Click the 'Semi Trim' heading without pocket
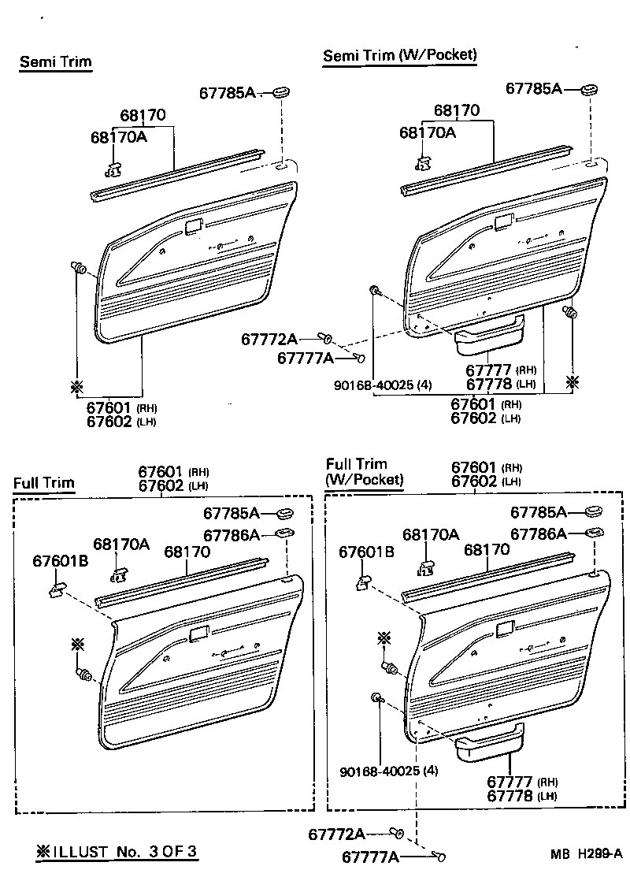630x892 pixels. (55, 61)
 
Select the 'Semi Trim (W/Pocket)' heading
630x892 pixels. (400, 54)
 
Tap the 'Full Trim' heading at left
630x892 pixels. (43, 483)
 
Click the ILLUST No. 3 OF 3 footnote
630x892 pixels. (117, 852)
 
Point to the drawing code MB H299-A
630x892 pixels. (587, 853)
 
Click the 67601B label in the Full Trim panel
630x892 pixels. (60, 560)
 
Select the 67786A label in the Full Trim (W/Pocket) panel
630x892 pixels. (538, 534)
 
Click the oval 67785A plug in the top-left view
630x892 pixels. (280, 94)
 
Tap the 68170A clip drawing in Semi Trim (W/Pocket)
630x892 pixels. (423, 162)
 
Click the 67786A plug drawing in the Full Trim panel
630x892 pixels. (284, 535)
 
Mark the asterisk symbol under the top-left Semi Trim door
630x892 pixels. (76, 387)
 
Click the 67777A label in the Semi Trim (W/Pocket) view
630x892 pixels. (306, 359)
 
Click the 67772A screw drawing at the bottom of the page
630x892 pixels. (398, 833)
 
